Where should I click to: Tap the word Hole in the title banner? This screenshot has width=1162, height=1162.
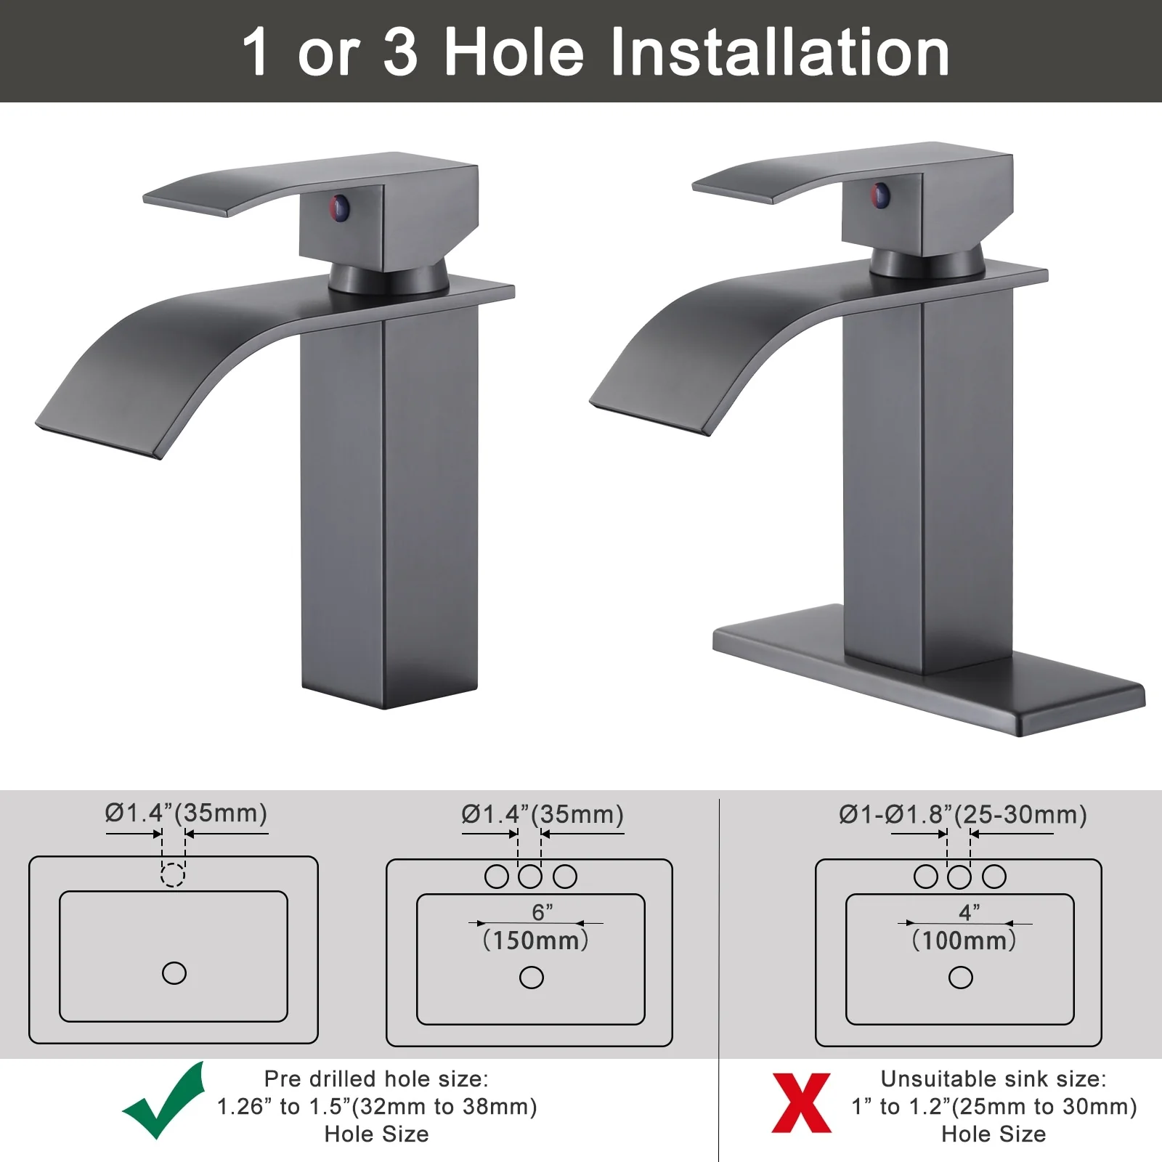(514, 52)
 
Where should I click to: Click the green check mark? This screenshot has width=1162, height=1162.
(164, 1101)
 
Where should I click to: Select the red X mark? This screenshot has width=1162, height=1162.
(801, 1102)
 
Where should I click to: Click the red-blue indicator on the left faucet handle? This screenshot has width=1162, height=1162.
(340, 208)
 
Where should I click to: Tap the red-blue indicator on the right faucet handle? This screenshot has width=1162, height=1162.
(880, 195)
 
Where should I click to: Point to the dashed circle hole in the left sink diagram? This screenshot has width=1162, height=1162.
(172, 874)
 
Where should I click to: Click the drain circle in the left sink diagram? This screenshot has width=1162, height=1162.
(174, 973)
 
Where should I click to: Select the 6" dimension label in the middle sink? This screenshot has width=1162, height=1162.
(543, 912)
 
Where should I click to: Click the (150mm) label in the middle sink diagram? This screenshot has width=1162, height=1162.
(536, 940)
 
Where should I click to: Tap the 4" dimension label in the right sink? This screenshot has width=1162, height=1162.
(970, 912)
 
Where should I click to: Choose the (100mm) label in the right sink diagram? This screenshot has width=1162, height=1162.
(964, 940)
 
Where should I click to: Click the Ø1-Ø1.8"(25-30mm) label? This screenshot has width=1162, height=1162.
(963, 815)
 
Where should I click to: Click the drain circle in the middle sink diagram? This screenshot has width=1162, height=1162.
(532, 978)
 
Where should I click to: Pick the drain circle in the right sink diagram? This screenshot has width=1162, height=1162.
(961, 978)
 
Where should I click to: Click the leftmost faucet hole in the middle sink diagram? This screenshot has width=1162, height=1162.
(497, 877)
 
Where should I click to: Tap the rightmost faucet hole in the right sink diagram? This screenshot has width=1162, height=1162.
(994, 877)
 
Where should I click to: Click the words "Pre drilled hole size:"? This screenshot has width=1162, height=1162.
(376, 1078)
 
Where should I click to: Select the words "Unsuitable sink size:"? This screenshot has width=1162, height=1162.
(994, 1078)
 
